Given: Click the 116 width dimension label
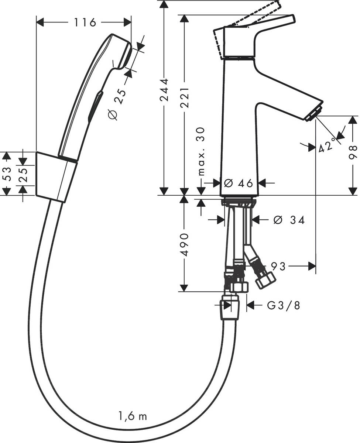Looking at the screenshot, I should [x=85, y=23].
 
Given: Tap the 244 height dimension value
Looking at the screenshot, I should [x=164, y=95].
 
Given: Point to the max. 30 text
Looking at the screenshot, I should [x=201, y=152].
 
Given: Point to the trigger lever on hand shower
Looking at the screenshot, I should [x=95, y=105].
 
